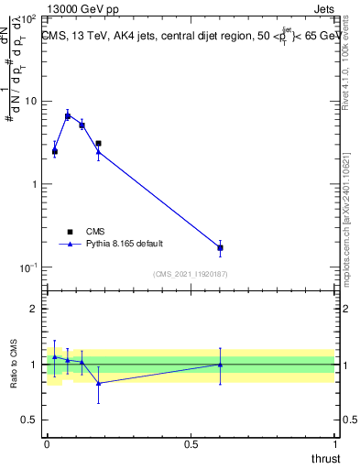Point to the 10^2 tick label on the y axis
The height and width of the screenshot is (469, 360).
coord(30,18)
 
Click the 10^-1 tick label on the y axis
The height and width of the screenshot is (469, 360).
coord(30,267)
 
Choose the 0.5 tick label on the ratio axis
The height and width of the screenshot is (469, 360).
coord(31,420)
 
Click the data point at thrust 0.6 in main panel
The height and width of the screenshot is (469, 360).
coord(220,248)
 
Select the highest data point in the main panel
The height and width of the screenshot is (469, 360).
coord(68,116)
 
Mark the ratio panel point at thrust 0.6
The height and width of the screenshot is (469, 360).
coord(220,365)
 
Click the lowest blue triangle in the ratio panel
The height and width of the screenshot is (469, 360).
coord(99,384)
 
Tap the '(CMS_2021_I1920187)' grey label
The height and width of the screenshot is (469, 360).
coord(190,274)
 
